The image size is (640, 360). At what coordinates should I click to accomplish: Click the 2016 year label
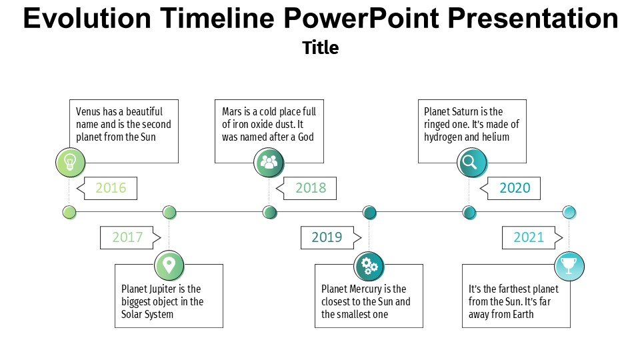point(111,188)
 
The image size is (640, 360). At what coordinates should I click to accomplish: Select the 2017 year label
point(127,237)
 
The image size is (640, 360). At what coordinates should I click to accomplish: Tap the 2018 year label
point(311,188)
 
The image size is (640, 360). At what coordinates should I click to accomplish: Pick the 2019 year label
point(327,237)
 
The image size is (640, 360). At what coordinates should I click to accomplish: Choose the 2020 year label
point(515,188)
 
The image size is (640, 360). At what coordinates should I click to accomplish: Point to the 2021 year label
point(529,237)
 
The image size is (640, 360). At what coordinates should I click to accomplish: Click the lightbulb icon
point(69,162)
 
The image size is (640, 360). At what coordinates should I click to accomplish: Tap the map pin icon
point(169,265)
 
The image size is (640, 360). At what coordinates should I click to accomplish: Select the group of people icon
point(269,162)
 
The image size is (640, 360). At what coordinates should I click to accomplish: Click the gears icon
point(369,266)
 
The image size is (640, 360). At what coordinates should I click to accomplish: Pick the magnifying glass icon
point(471,162)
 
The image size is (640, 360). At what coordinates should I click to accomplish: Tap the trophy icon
point(569,265)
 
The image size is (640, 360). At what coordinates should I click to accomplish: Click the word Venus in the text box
point(88,112)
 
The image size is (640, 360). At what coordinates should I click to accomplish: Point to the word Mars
point(233,112)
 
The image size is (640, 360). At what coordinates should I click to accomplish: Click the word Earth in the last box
point(521,315)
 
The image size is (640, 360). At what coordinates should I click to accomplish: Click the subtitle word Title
point(320,48)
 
